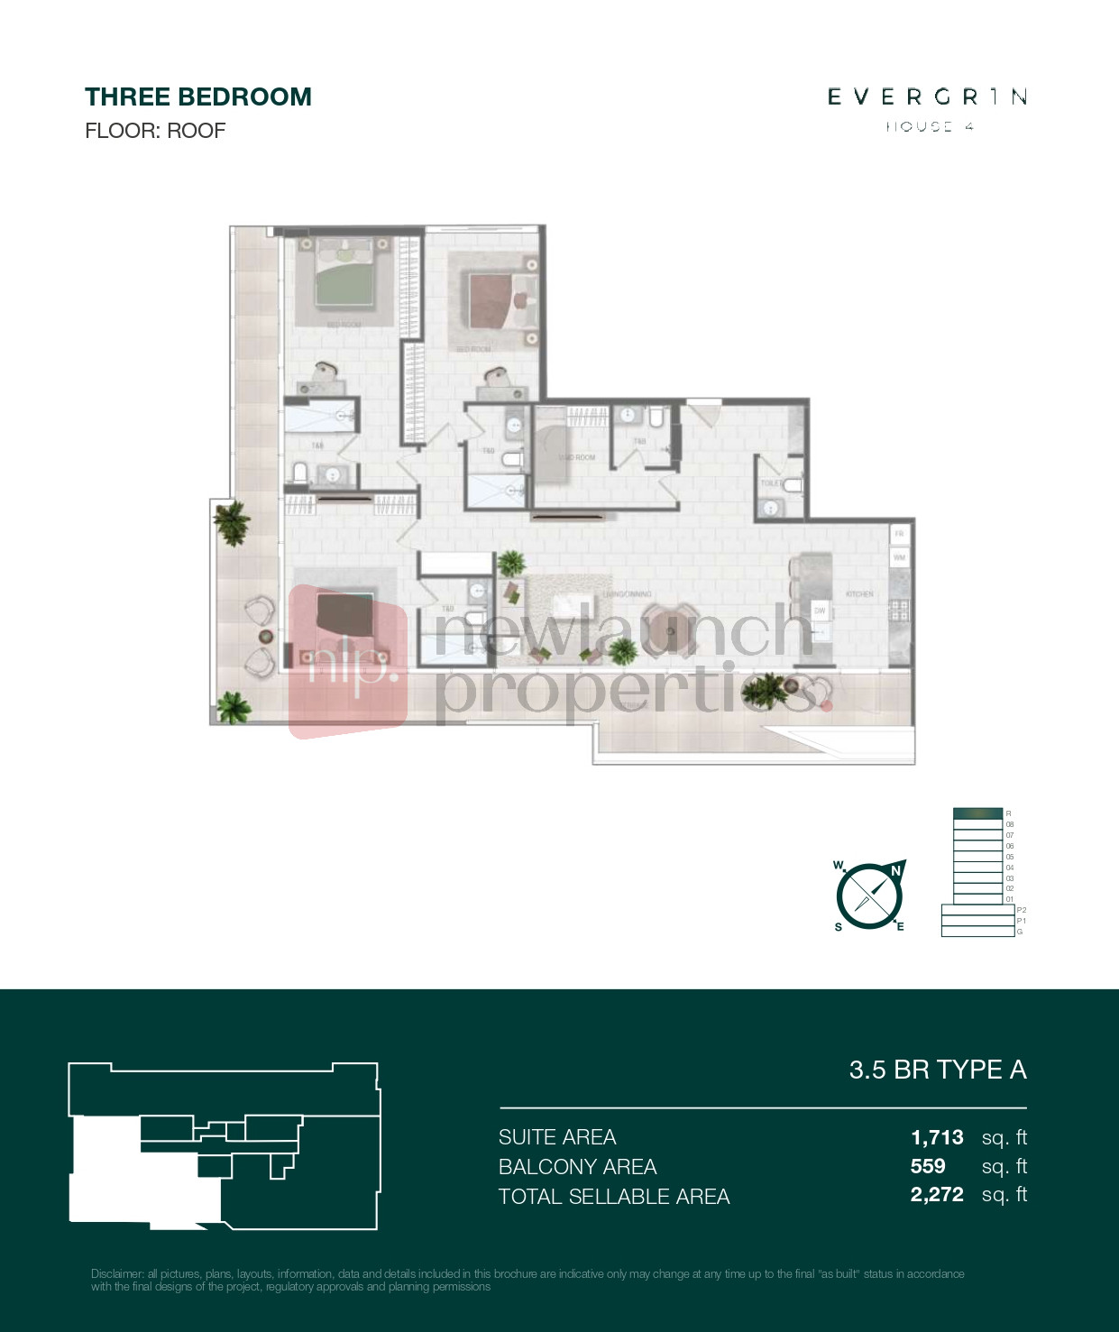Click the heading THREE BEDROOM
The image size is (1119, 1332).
point(197,97)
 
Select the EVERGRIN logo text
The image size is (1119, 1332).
point(927,96)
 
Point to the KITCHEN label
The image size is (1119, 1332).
point(858,594)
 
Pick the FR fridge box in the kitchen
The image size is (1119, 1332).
point(899,534)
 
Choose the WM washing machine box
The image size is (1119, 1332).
point(899,557)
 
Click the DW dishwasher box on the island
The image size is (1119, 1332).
point(820,611)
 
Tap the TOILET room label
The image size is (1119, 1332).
point(770,483)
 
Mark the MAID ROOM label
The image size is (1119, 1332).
point(577,457)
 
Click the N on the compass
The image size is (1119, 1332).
point(895,870)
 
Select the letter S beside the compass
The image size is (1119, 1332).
point(839,927)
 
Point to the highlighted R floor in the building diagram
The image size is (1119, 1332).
point(977,813)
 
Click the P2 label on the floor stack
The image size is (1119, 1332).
point(1021,910)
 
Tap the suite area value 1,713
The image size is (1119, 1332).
point(937,1137)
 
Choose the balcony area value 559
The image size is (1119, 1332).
point(928,1166)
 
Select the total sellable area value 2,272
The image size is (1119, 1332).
point(937,1195)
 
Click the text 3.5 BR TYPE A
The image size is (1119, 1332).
point(937,1070)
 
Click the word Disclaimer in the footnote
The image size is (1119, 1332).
point(117,1274)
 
